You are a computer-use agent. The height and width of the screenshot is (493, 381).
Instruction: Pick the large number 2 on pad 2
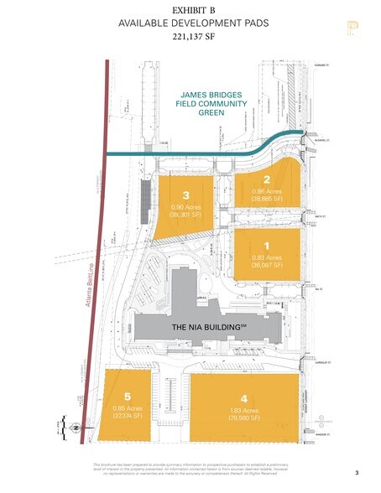pyautogui.click(x=266, y=179)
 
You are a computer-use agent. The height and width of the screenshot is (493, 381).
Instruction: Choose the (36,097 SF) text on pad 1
pyautogui.click(x=267, y=264)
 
